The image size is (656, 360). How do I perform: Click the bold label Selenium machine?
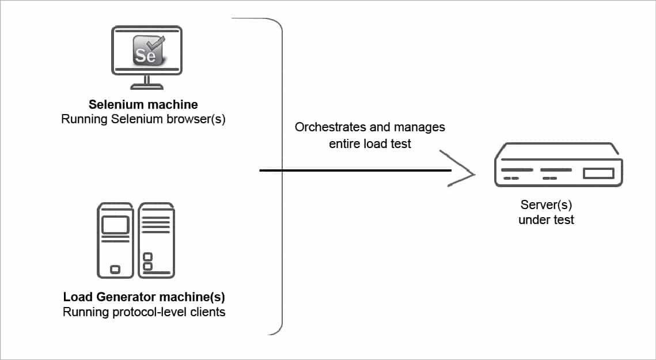point(143,105)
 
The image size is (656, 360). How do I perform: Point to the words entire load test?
point(370,143)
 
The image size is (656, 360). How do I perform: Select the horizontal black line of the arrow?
point(354,170)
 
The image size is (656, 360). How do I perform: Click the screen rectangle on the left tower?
point(115,225)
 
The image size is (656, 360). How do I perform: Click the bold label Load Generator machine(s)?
point(143,298)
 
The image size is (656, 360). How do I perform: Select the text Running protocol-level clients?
point(143,312)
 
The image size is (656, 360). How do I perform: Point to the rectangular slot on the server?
point(598,173)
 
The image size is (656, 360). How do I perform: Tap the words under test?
point(546,219)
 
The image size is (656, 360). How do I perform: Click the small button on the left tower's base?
point(115,269)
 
